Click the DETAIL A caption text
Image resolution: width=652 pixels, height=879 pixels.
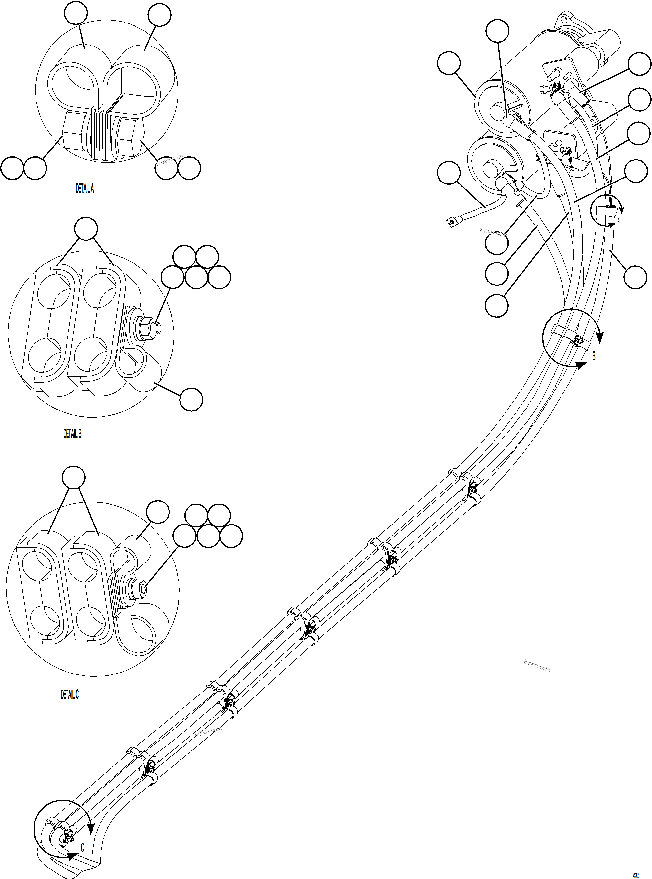tap(84, 189)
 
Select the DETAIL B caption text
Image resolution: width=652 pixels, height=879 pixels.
tap(72, 434)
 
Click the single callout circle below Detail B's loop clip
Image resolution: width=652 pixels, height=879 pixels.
tap(191, 400)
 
